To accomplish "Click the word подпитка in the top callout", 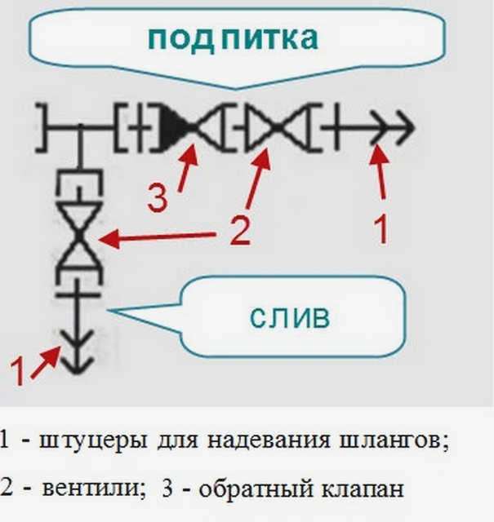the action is pos(233,38).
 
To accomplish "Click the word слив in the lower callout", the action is pos(290,316).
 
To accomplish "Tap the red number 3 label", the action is pos(157,198).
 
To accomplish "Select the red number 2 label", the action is pos(240,230).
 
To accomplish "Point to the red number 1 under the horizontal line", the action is pos(381,230).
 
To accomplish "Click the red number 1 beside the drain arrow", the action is pos(18,371).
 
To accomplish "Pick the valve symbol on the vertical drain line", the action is pos(78,235).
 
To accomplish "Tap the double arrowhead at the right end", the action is pos(393,128).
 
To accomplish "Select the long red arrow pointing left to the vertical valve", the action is pos(157,237).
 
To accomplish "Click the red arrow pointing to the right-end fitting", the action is pos(380,172).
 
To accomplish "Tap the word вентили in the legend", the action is pos(92,489).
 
